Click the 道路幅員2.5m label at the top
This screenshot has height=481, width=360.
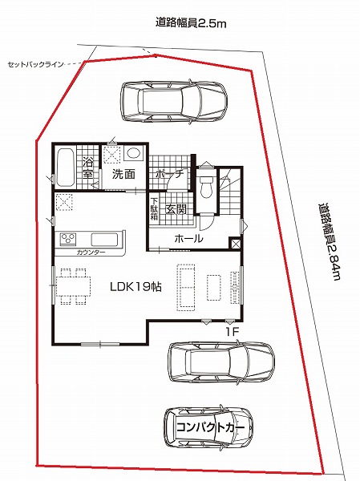(191, 23)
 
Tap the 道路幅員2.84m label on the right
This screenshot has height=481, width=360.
(330, 241)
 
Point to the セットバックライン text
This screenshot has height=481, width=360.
(35, 64)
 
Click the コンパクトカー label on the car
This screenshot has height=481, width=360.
(211, 427)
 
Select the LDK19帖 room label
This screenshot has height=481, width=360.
(136, 287)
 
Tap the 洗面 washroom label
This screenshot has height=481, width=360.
(123, 174)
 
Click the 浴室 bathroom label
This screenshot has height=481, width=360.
(88, 168)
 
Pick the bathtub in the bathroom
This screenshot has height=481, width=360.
(65, 168)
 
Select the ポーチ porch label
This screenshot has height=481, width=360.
(169, 174)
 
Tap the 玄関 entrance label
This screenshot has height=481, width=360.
(176, 209)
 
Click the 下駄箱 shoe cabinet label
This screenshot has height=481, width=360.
(154, 209)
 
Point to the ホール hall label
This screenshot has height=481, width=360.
(188, 239)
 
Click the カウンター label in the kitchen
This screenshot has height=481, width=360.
(91, 253)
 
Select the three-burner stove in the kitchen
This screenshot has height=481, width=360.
(68, 239)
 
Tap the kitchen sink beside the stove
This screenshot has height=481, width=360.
(105, 240)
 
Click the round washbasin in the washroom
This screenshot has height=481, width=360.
(134, 153)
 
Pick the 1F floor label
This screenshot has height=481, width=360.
(232, 332)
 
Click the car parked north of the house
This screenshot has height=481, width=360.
(174, 102)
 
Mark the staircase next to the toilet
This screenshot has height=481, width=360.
(230, 191)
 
